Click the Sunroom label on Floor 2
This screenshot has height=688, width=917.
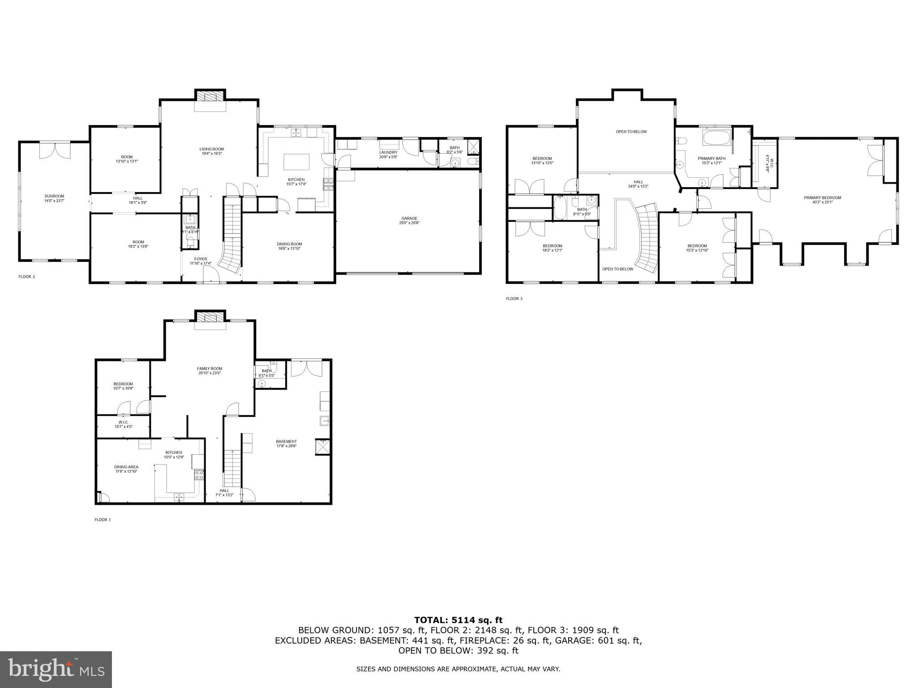[54, 196]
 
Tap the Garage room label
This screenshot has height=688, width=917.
[409, 218]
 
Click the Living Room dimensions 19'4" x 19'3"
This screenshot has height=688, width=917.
[211, 154]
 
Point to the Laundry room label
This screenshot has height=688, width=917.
[388, 152]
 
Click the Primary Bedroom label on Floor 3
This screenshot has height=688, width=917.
[822, 198]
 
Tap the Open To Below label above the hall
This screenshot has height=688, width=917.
[631, 132]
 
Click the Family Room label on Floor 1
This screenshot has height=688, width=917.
[210, 368]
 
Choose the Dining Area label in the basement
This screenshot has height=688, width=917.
[126, 467]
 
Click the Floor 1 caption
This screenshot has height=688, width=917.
[103, 520]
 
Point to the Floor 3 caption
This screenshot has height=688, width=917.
[514, 298]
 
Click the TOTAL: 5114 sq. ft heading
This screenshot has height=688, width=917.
[458, 620]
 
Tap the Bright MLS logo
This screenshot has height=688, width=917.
[56, 670]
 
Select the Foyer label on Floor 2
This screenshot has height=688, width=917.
[201, 259]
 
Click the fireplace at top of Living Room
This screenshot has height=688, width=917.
[210, 96]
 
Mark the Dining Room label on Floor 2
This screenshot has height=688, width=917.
[289, 244]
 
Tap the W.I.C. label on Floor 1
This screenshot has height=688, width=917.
[124, 422]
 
